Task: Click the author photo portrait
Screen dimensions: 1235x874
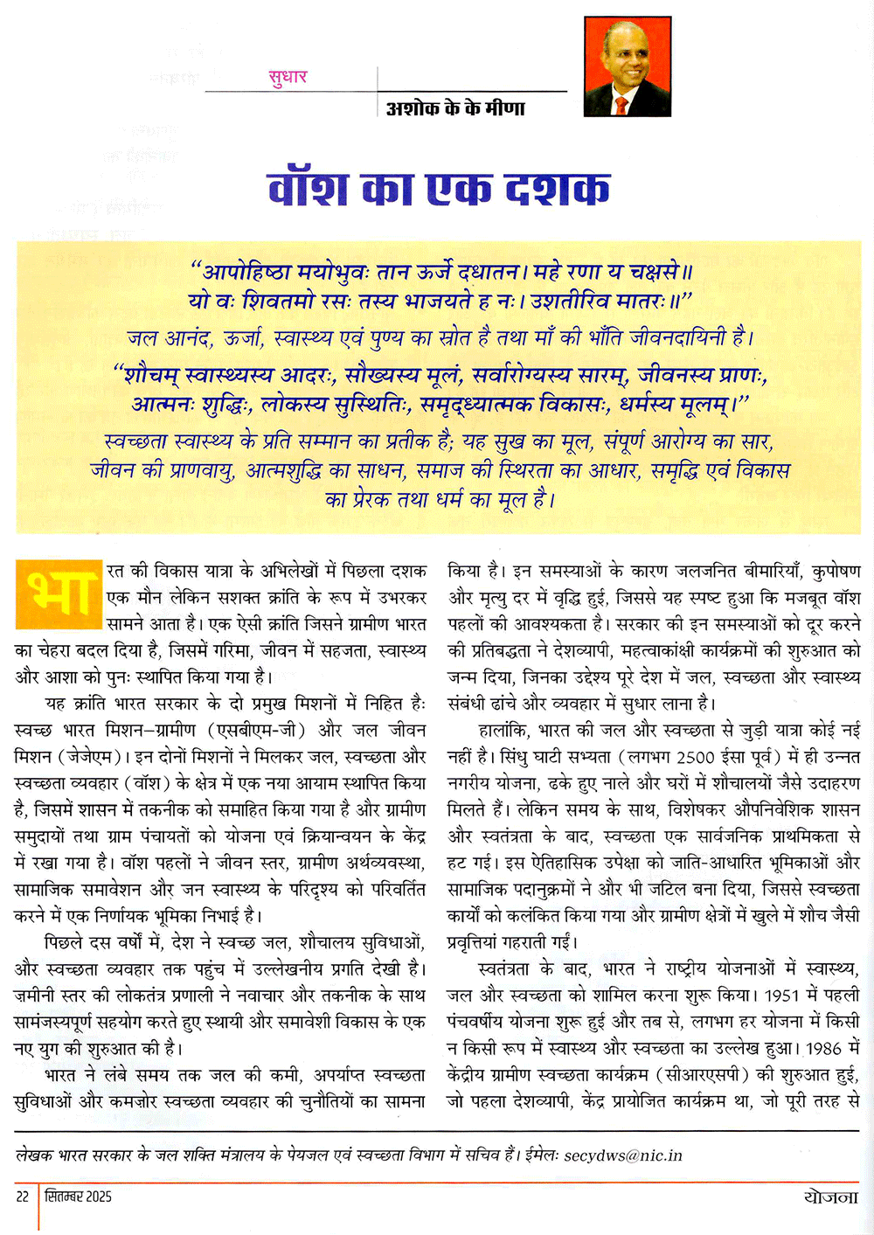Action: coord(627,66)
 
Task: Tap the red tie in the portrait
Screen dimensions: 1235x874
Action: coord(621,106)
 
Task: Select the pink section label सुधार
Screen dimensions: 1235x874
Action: coord(288,77)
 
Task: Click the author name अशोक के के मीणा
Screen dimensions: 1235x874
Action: coord(455,108)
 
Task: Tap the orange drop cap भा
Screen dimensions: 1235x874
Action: coord(58,593)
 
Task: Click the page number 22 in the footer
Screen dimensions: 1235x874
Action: coord(23,1197)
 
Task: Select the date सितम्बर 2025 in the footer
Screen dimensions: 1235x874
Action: coord(79,1197)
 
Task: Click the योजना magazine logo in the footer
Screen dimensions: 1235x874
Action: coord(831,1197)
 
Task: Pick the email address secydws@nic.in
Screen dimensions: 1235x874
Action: coord(623,1155)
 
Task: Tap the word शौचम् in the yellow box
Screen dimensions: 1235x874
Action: coord(165,375)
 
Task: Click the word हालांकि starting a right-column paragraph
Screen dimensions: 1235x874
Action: coord(504,730)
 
